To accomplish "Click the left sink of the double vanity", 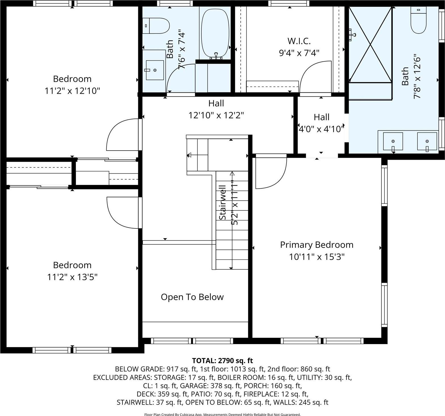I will (393, 141).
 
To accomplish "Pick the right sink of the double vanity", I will (427, 141).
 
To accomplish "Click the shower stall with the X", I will (370, 45).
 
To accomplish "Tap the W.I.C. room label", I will (299, 41).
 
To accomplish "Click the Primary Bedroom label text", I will (317, 245).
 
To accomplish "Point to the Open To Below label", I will (192, 297).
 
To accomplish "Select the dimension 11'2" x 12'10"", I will (72, 91).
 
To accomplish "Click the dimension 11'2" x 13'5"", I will (72, 277).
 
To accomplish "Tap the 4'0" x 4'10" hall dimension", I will (321, 129).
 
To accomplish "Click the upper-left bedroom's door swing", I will (123, 135).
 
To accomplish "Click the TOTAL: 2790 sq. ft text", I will (222, 361).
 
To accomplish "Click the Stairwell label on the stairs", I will (223, 202).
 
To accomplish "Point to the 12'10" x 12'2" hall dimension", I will (216, 115).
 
